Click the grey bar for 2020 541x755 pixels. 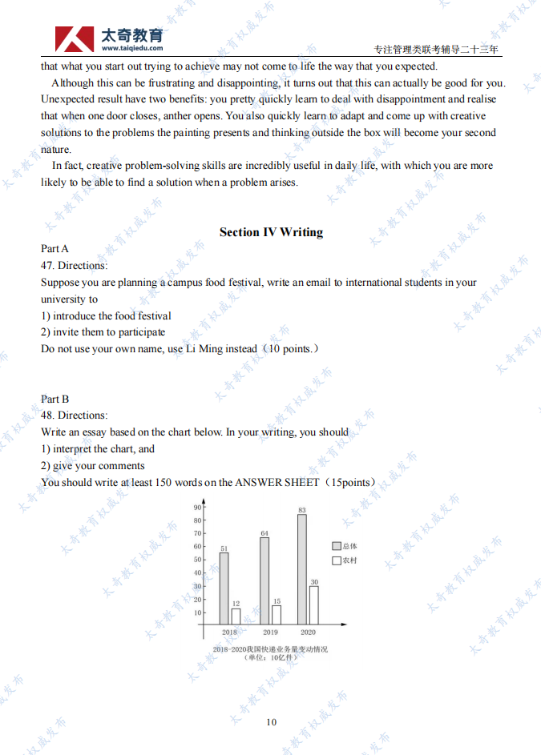point(301,569)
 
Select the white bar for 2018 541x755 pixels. point(236,616)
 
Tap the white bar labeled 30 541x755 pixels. point(313,604)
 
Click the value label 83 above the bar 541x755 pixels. point(301,509)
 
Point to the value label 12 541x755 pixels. point(236,604)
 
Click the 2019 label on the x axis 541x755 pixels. point(270,632)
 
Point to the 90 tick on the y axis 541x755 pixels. point(198,508)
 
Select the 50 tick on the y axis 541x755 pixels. point(198,560)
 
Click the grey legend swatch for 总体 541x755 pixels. point(337,546)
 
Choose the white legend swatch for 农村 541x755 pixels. point(337,560)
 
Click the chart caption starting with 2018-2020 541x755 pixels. point(270,649)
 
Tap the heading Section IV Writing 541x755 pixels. point(271,232)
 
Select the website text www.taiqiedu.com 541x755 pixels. point(132,48)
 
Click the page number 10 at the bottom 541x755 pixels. point(271,722)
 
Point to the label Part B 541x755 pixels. point(55,399)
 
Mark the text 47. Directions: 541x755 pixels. point(74,265)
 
